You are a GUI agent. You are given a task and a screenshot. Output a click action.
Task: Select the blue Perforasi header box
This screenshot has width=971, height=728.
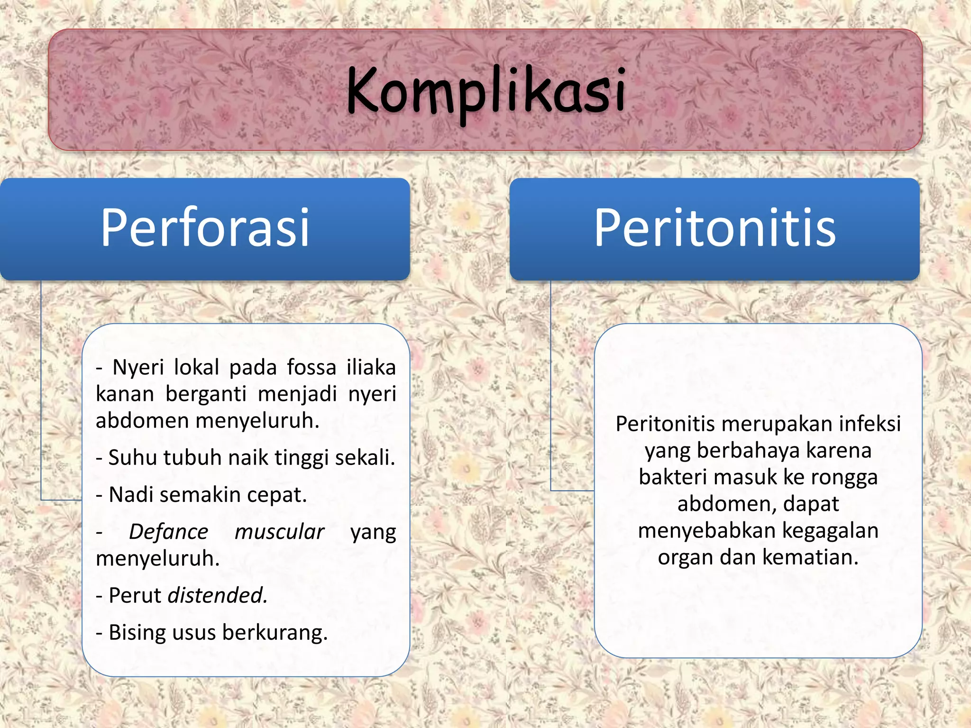tap(205, 228)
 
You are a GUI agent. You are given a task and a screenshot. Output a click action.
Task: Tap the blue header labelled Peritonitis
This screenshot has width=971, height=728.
tap(715, 228)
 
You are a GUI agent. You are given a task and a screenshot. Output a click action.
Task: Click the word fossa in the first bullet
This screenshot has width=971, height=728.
tap(311, 367)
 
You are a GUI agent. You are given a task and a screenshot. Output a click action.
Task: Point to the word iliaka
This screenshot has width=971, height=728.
tap(371, 367)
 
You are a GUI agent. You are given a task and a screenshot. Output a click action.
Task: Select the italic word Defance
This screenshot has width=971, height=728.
tap(168, 532)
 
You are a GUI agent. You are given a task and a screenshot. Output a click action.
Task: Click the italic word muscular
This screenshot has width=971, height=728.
tap(279, 532)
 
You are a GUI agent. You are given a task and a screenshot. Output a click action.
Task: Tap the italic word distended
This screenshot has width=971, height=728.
tap(218, 595)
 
